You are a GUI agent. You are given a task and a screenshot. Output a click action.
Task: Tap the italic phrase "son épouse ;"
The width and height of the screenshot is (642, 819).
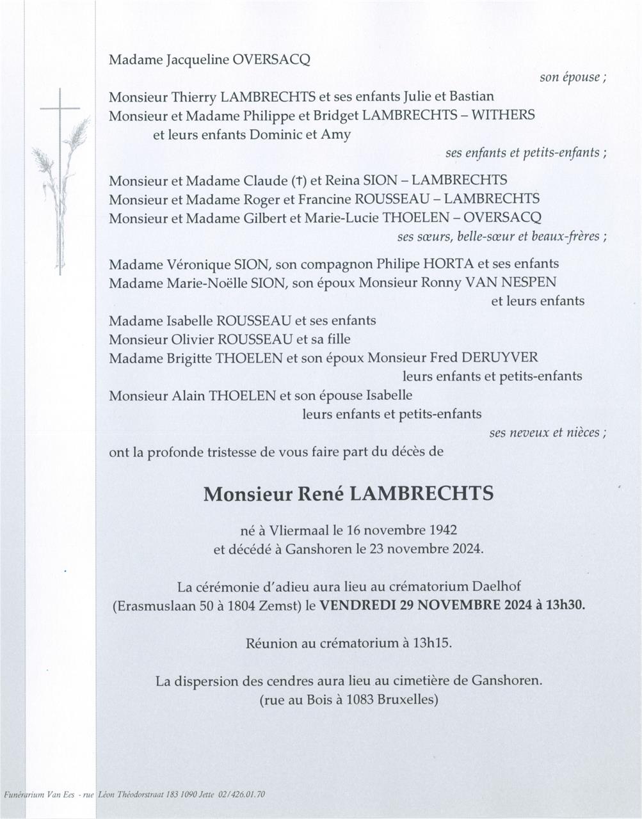tap(573, 77)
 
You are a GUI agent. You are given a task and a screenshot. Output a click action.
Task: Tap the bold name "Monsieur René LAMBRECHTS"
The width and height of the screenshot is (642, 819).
tap(348, 494)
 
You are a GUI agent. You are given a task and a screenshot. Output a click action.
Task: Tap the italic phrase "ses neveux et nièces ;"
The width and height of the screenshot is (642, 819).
tap(548, 433)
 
